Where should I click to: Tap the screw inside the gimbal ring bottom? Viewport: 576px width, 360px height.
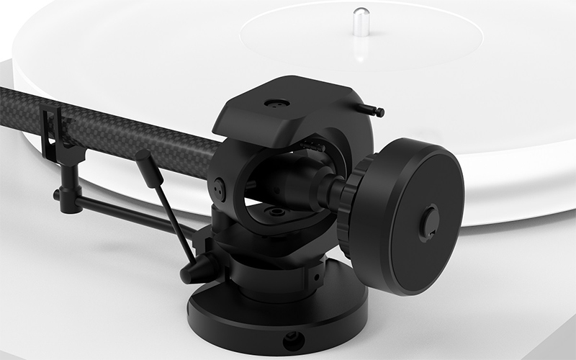tap(277, 213)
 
